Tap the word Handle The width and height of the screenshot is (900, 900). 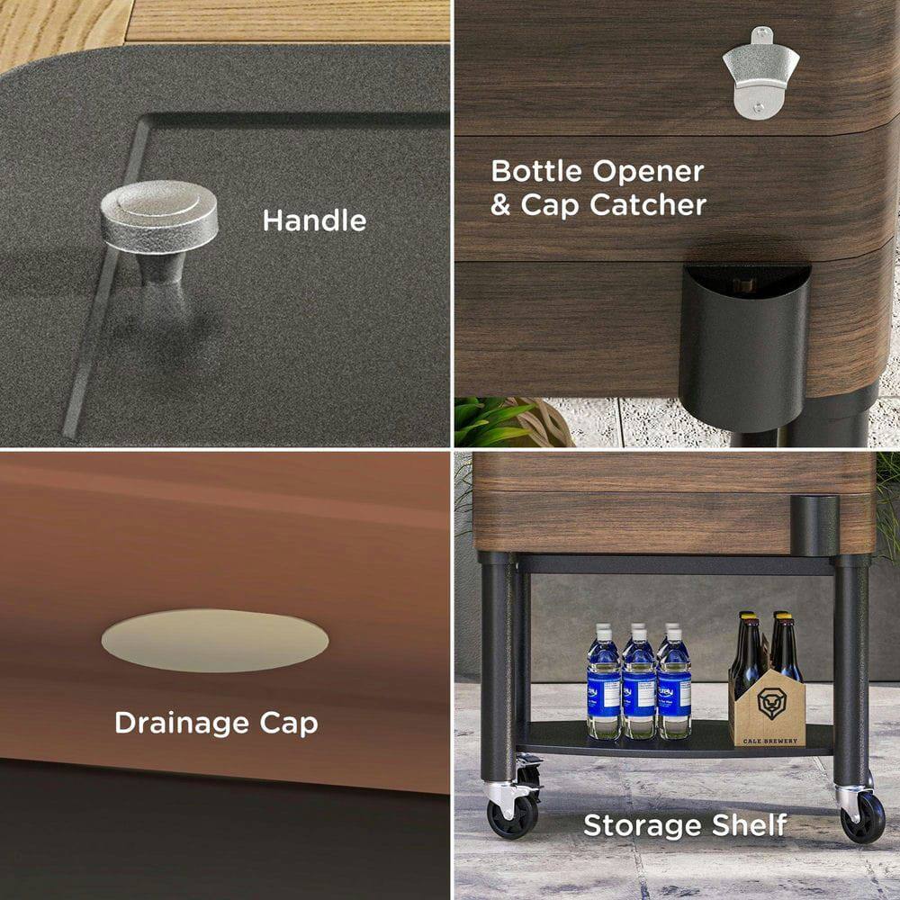(314, 220)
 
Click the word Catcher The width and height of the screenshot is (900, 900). (649, 205)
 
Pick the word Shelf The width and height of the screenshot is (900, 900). (751, 825)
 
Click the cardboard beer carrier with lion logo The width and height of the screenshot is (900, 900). (767, 706)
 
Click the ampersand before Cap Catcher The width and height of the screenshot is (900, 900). (500, 206)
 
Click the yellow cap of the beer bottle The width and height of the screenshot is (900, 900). (780, 617)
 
